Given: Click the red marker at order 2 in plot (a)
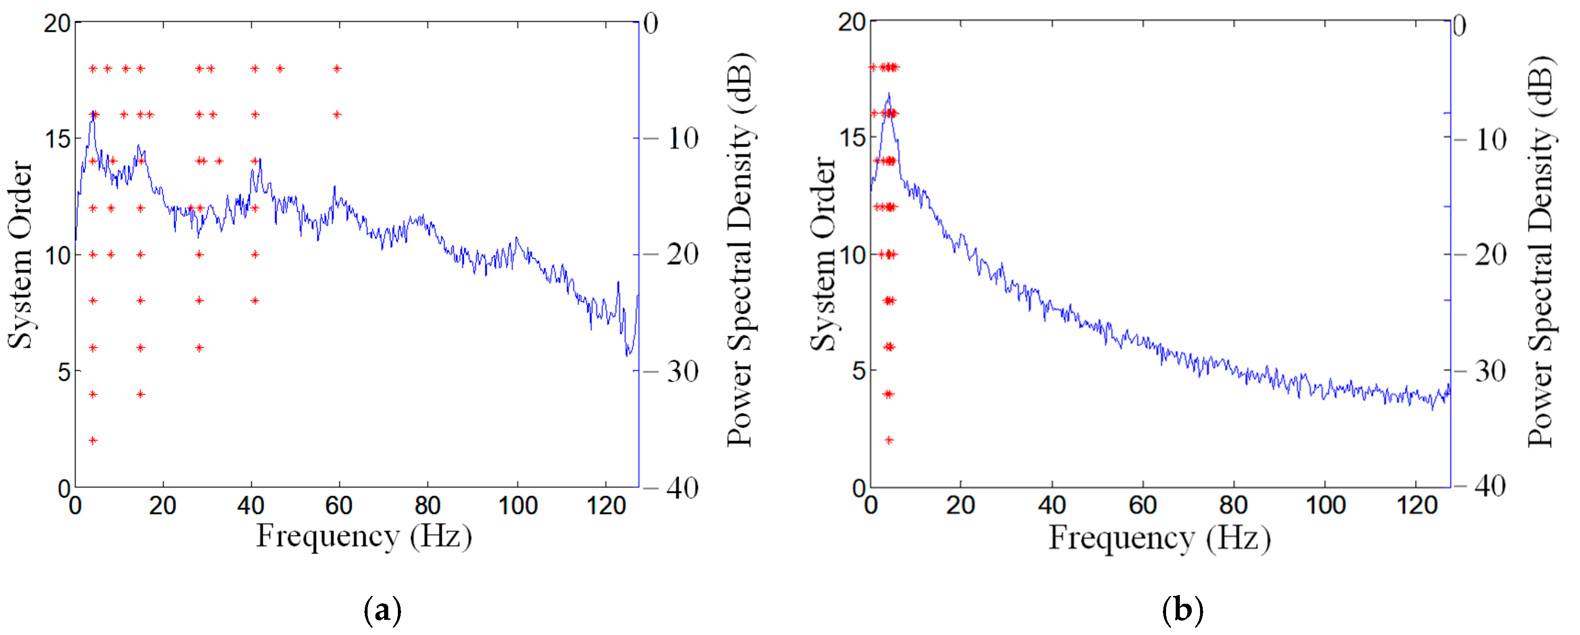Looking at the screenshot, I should (93, 440).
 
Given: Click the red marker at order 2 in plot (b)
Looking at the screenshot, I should (889, 440).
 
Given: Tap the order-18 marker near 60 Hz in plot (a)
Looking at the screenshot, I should (337, 69).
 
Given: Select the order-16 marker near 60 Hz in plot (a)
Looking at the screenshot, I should (337, 115).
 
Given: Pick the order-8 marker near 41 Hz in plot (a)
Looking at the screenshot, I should (255, 301).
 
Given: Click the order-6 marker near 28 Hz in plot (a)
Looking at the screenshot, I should (199, 348).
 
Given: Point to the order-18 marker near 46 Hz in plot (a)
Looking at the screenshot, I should (279, 69).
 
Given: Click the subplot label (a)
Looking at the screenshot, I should (383, 611).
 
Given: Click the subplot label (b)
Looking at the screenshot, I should (1182, 611).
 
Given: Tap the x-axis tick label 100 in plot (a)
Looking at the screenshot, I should (518, 507).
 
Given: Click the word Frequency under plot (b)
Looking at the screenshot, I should (1121, 538).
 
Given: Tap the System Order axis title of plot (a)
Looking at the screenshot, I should (20, 255).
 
